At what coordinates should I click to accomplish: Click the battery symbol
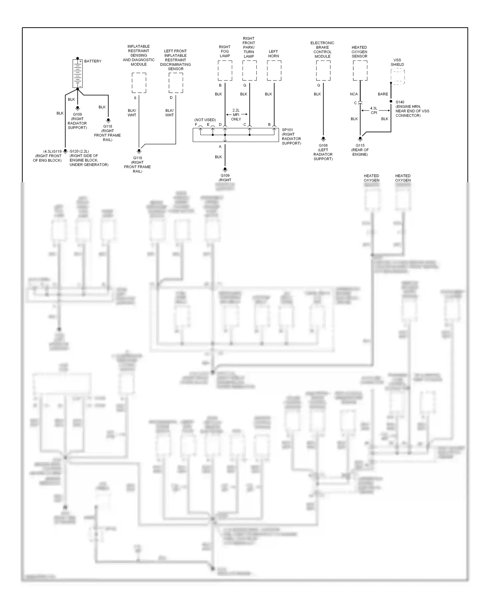point(78,74)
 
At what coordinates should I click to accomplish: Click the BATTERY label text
point(93,61)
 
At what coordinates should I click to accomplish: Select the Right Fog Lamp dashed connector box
point(225,71)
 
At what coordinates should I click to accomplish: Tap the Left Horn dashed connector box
point(274,71)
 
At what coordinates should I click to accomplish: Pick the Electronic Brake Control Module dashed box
point(323,71)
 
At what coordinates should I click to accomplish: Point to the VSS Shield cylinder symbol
point(398,76)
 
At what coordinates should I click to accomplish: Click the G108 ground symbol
point(323,139)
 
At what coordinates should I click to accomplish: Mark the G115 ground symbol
point(360,139)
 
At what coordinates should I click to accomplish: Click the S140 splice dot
point(391,101)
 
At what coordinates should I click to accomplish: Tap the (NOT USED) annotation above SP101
point(205,120)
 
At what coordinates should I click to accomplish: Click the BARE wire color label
point(383,94)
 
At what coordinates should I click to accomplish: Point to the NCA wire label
point(354,94)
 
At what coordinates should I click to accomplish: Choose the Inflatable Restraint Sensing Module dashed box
point(139,83)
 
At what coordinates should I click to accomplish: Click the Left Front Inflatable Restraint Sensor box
point(176,83)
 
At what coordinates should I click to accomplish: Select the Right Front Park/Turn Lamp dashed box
point(249,71)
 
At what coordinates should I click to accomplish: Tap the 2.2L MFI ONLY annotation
point(236,115)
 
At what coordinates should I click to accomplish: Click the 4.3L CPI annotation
point(374,110)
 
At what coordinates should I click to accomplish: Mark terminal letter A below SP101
point(220,147)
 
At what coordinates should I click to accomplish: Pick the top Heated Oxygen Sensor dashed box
point(360,71)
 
